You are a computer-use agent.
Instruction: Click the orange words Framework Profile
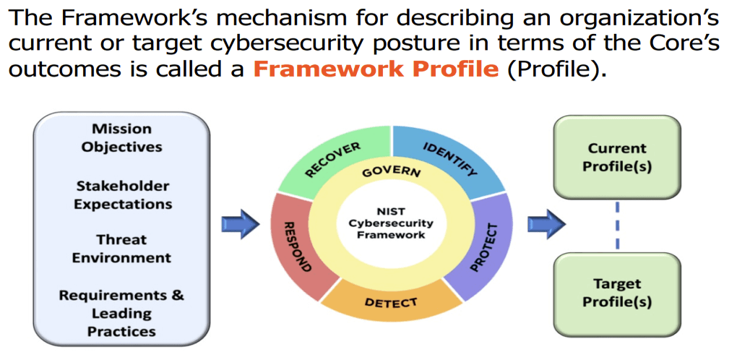click(376, 69)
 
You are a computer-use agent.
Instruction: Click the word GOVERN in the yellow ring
click(391, 172)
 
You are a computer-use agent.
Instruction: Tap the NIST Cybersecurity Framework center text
click(391, 223)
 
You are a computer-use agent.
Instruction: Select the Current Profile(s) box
click(616, 158)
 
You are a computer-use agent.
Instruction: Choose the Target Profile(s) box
click(616, 293)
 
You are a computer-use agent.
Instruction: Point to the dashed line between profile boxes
click(617, 225)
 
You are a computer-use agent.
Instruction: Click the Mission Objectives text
click(121, 137)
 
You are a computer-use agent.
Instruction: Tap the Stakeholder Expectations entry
click(122, 194)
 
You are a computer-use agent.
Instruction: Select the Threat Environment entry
click(121, 248)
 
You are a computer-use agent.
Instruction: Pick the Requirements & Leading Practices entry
click(121, 313)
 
